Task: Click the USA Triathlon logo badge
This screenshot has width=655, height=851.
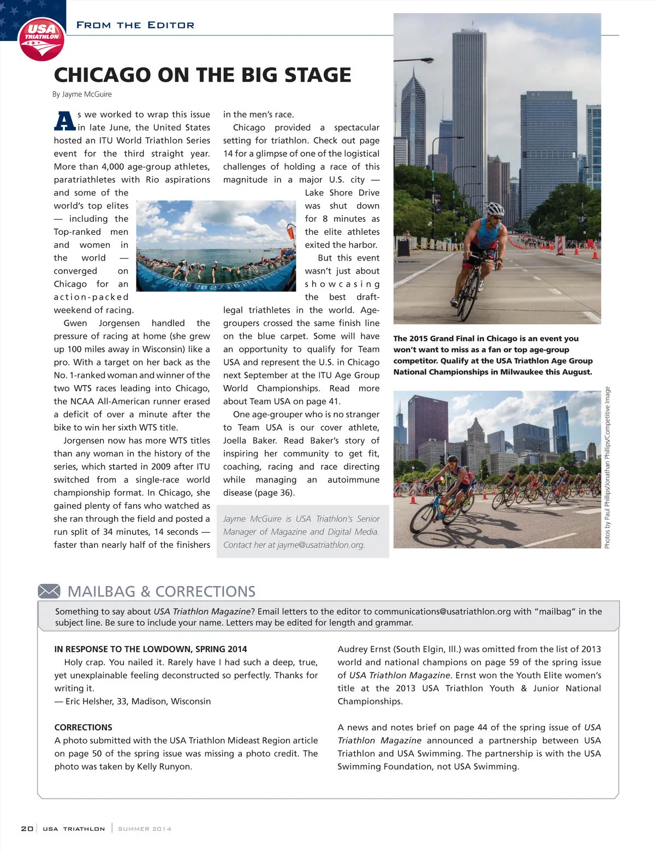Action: click(x=41, y=39)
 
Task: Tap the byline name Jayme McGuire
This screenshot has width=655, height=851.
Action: click(x=87, y=94)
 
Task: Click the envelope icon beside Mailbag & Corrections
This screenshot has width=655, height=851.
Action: click(x=49, y=591)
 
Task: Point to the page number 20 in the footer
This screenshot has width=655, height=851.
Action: click(x=27, y=829)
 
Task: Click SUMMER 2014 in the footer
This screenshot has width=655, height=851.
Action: click(x=145, y=829)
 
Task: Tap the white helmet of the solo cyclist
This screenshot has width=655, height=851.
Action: click(x=495, y=209)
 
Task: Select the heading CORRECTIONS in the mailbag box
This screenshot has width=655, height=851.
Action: click(x=83, y=728)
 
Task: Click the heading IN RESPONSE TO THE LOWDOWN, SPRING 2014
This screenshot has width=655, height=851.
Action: click(x=150, y=649)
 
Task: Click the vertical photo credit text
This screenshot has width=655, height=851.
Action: click(x=608, y=467)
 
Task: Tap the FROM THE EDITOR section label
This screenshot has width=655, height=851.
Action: click(x=135, y=25)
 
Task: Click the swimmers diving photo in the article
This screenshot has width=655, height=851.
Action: click(x=216, y=246)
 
